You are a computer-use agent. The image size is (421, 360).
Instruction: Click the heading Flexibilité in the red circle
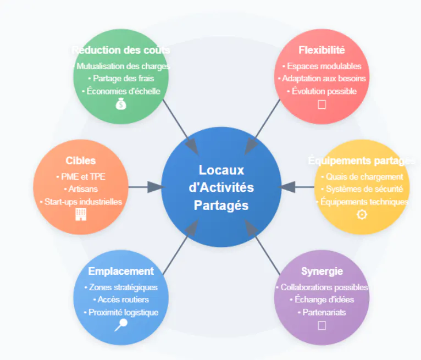click(x=322, y=51)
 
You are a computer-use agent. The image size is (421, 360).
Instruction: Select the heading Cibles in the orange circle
click(x=81, y=160)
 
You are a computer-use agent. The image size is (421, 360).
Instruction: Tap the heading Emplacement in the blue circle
click(x=121, y=271)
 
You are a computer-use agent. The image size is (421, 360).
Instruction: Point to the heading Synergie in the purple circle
click(x=322, y=271)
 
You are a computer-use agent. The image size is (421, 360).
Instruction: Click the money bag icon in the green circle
click(x=121, y=103)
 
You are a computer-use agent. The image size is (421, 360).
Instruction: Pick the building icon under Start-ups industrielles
click(x=81, y=214)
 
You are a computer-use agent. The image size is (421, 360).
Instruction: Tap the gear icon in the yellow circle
click(x=362, y=214)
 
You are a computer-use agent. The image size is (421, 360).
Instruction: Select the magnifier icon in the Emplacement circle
click(x=120, y=325)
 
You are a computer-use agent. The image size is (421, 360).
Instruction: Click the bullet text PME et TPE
click(x=81, y=176)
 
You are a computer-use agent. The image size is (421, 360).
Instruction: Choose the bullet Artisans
click(x=81, y=189)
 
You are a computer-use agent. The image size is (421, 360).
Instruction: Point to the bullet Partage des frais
click(x=121, y=79)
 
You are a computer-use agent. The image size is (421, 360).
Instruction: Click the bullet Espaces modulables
click(x=322, y=66)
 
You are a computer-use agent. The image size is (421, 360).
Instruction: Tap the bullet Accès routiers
click(x=121, y=300)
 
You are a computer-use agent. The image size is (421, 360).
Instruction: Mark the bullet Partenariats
click(x=322, y=312)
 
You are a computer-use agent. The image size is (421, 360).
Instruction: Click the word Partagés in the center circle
click(x=221, y=206)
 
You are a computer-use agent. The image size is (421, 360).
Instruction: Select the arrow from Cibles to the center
click(x=146, y=187)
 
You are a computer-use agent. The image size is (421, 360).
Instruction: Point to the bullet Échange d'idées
click(x=322, y=300)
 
